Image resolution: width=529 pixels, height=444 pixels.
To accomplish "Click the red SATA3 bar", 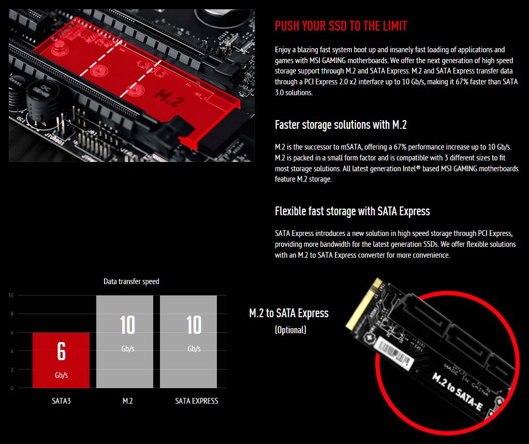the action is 61,360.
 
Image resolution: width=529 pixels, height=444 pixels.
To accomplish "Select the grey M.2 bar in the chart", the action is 125,342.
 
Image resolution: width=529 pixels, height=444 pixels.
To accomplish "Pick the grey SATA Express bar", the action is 188,342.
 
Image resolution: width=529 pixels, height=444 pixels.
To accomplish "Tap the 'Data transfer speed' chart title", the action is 131,282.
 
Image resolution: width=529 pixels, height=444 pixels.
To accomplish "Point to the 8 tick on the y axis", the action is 12,314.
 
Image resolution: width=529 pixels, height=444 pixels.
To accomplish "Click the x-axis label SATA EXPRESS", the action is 196,401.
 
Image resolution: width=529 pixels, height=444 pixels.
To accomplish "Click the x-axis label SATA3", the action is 61,401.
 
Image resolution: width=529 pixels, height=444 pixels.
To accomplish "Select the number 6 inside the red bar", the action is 61,351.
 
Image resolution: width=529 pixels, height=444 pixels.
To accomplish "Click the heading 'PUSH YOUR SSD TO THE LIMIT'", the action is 341,26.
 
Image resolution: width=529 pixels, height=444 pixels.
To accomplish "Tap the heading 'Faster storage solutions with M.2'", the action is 341,125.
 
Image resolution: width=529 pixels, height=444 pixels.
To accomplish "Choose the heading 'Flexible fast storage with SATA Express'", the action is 352,211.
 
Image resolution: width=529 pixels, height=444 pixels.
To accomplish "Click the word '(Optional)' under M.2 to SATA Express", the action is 290,330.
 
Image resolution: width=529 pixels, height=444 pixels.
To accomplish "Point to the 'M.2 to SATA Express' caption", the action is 289,313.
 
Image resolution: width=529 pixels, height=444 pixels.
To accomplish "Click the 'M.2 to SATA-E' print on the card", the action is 458,391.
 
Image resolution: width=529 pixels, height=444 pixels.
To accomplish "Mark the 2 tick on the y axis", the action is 12,369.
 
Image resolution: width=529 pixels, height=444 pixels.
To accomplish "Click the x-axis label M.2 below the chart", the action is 127,401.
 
